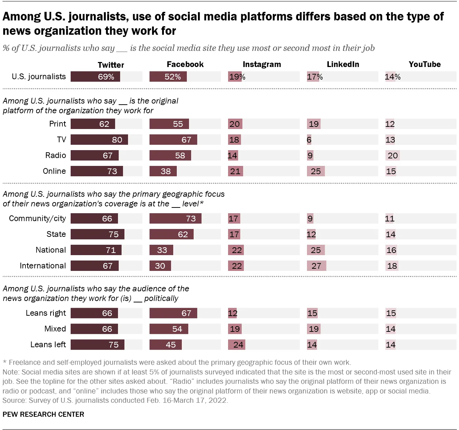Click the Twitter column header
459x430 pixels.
[111, 65]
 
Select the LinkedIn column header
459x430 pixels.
[343, 64]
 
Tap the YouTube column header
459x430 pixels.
[425, 64]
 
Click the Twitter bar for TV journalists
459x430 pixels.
[99, 140]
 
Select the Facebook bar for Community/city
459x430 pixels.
[175, 219]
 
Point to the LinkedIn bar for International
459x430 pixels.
[316, 266]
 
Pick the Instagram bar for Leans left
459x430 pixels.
[237, 345]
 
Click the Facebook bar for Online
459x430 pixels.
[163, 171]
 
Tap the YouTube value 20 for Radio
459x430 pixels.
[393, 156]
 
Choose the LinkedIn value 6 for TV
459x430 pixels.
[309, 140]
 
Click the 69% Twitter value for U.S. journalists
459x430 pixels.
[106, 77]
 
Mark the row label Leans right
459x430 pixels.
[46, 313]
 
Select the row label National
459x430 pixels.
[51, 250]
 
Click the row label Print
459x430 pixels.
[57, 124]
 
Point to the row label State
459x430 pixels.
[56, 234]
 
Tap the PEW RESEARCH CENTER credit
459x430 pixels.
[43, 414]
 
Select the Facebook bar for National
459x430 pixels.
[161, 250]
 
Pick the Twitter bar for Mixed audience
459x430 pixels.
[94, 329]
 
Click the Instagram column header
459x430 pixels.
[262, 64]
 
